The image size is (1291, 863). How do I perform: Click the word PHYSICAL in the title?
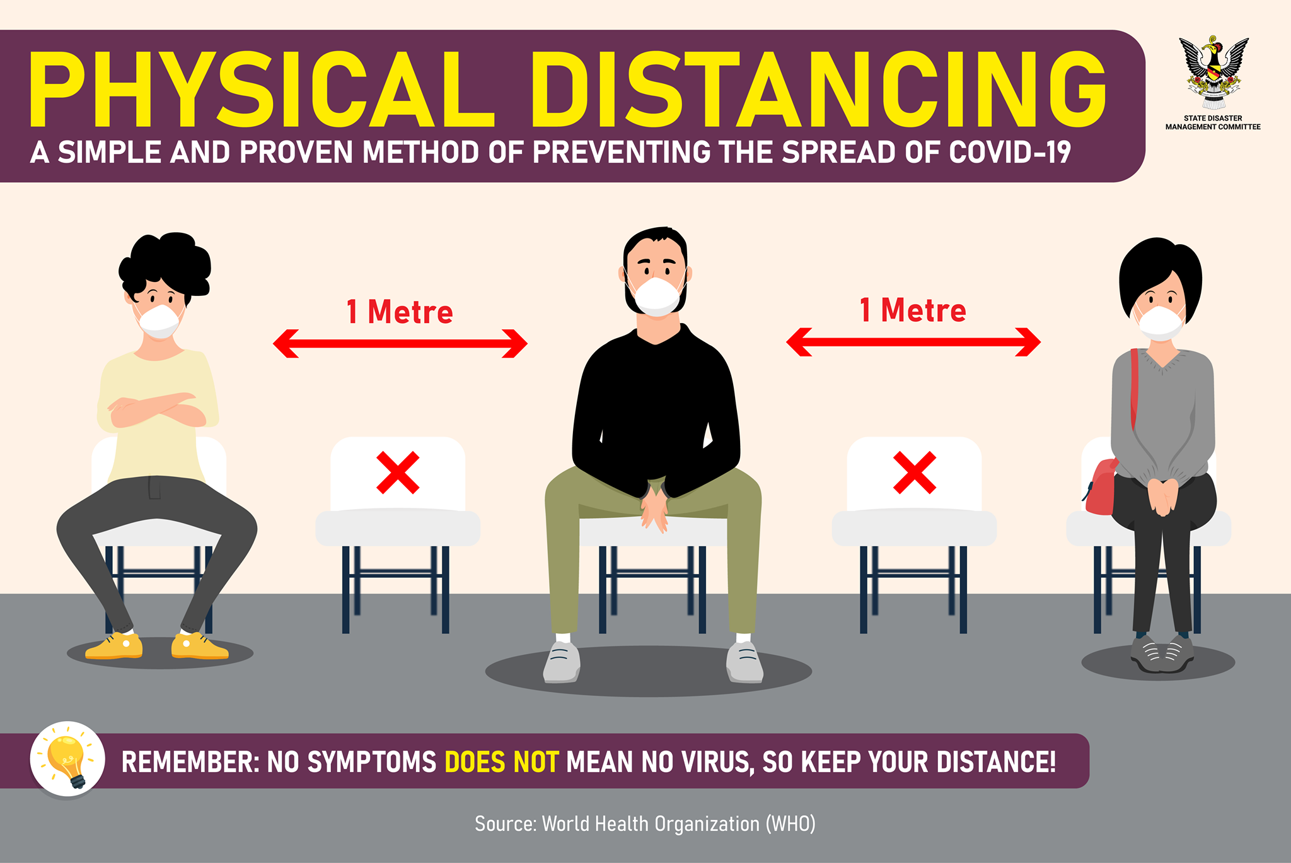point(262,90)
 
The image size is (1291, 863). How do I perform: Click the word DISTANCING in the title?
point(818,90)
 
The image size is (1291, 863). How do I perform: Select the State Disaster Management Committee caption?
point(1213,122)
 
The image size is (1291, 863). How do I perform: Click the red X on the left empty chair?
point(398,473)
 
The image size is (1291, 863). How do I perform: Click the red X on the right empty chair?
point(915,473)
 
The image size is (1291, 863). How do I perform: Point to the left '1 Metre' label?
point(400,312)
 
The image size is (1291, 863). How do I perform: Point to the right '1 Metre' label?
point(913,310)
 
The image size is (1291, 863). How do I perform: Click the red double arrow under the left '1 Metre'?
point(400,344)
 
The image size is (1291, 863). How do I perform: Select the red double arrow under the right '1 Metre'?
point(913,342)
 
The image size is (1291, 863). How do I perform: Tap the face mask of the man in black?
point(657,296)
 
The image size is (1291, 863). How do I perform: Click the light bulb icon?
point(68,760)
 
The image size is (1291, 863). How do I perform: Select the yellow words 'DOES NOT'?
point(502,762)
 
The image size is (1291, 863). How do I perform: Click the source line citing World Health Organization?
point(645,824)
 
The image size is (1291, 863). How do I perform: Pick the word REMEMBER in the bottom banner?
point(190,762)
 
